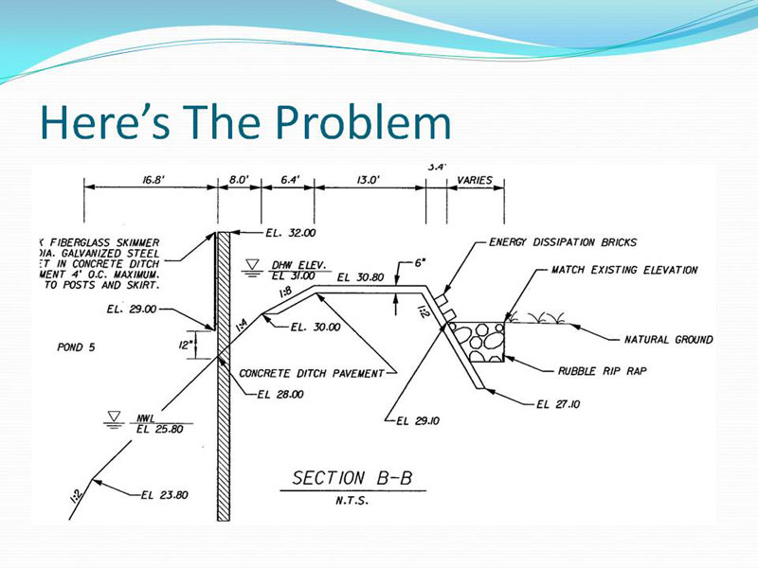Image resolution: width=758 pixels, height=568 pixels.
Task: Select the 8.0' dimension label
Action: [240, 178]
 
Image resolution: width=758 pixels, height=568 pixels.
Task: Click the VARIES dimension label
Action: [474, 179]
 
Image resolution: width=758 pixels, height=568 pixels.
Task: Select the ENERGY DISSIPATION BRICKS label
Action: [563, 242]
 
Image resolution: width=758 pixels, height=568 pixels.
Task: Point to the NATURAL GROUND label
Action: [668, 339]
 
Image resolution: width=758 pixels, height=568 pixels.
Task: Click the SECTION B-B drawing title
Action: [352, 478]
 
